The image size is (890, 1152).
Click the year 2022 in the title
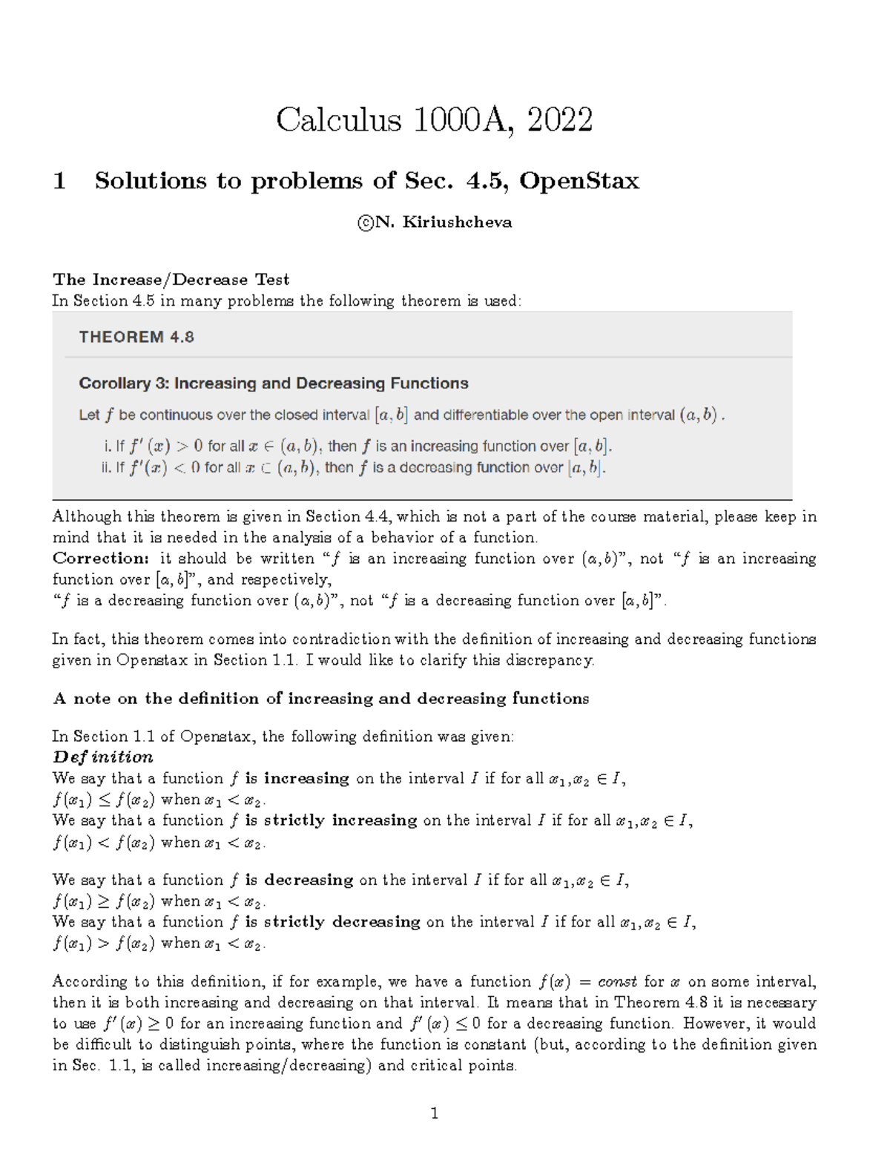tap(560, 120)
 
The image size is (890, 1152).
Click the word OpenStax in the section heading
tap(578, 181)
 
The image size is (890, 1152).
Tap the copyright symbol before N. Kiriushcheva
tap(364, 223)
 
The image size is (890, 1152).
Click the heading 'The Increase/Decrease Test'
tap(171, 280)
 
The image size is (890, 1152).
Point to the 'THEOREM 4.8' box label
tap(136, 337)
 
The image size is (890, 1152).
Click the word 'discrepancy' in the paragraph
tap(551, 660)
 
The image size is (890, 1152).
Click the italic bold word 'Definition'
tap(103, 757)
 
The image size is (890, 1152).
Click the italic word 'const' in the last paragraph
tap(617, 982)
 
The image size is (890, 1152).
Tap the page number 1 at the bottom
tap(435, 1113)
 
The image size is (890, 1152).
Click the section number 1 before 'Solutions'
tap(59, 181)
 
